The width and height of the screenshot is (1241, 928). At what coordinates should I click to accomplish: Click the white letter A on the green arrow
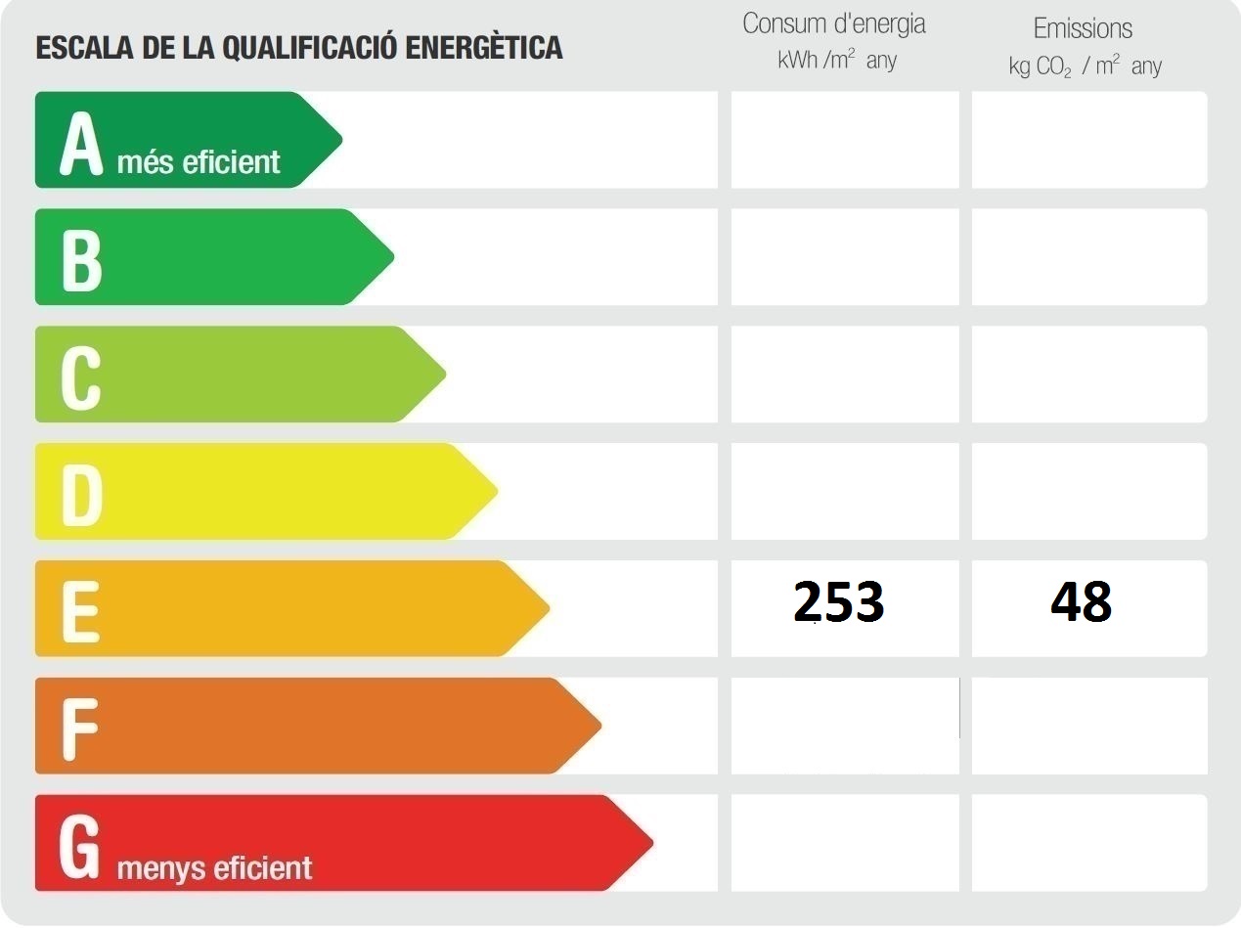[x=81, y=143]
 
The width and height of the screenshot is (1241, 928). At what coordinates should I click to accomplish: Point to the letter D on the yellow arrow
[x=82, y=495]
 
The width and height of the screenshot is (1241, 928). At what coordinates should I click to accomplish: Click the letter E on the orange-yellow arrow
[x=80, y=611]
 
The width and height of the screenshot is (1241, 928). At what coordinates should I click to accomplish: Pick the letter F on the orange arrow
[x=80, y=728]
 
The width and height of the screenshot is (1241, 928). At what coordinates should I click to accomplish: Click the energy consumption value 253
[x=839, y=602]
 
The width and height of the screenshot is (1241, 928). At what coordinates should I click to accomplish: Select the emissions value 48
[x=1082, y=602]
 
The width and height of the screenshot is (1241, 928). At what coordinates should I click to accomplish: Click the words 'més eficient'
[x=199, y=162]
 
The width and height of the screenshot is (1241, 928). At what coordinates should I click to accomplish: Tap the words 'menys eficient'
[x=214, y=868]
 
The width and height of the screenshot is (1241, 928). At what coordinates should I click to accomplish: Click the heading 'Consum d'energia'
[x=833, y=24]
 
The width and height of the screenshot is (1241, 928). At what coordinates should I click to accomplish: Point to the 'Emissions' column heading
[x=1083, y=28]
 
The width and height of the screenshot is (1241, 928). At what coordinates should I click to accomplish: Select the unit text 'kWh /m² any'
[x=837, y=61]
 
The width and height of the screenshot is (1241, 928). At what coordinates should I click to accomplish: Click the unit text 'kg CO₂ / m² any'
[x=1085, y=66]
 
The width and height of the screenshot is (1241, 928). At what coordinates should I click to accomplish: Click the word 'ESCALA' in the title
[x=76, y=47]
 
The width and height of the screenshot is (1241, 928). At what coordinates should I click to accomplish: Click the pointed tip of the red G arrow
[x=650, y=842]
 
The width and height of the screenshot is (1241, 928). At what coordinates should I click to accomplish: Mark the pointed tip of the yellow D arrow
[x=496, y=491]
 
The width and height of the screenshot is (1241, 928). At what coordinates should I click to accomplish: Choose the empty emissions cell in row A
[x=1089, y=139]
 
